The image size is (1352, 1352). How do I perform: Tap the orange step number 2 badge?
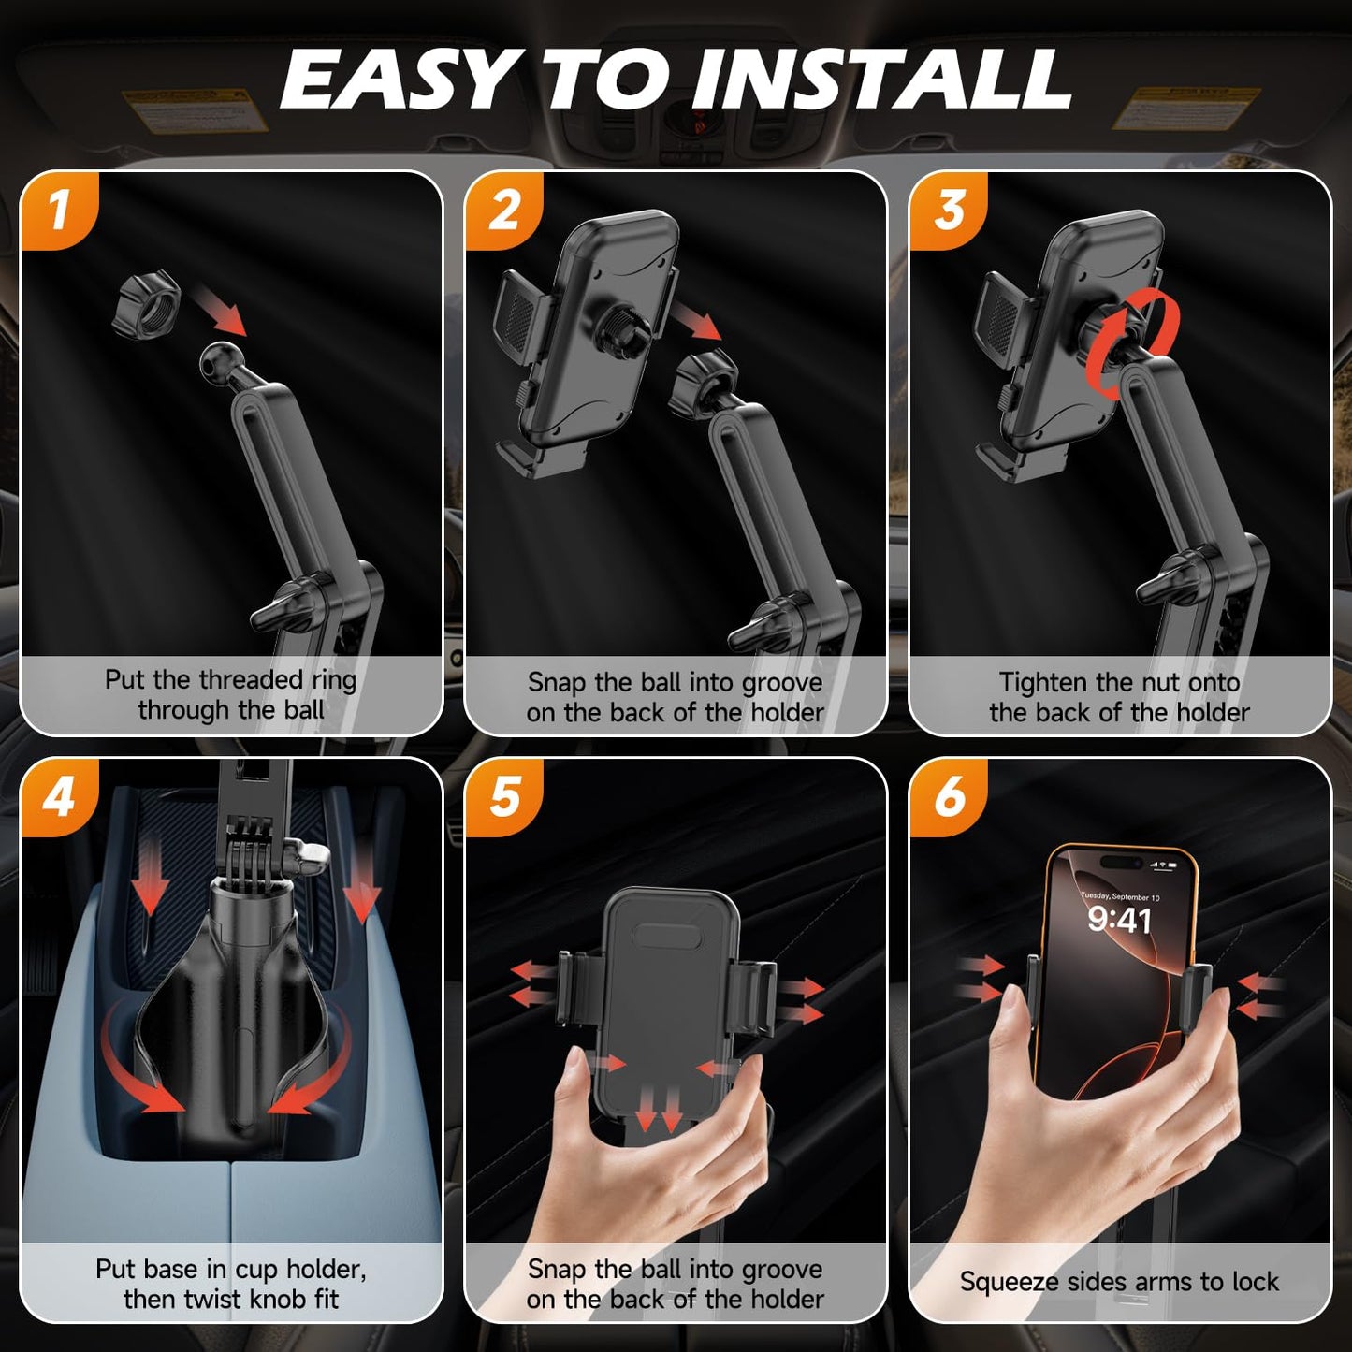coord(504,210)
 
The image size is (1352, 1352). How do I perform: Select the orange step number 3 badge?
coord(949,210)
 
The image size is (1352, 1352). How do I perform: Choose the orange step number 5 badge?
coord(504,796)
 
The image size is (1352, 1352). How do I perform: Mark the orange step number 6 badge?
coord(949,796)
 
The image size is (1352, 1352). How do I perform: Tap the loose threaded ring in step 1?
coord(146,303)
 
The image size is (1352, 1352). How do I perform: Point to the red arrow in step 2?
coord(698,317)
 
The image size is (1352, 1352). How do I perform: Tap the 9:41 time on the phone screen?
coord(1119,921)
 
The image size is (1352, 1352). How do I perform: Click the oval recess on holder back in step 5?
coord(668,937)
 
